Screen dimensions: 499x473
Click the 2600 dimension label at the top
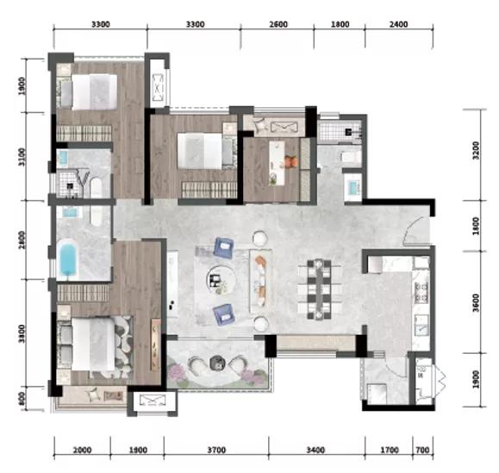click(x=278, y=24)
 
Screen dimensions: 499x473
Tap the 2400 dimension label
click(x=398, y=24)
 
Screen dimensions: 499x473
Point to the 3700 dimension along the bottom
click(x=216, y=450)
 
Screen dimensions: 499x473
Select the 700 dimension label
click(x=422, y=450)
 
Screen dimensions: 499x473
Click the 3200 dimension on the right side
click(x=476, y=151)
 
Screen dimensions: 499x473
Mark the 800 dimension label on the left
click(x=22, y=399)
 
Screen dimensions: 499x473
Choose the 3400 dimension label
click(x=315, y=450)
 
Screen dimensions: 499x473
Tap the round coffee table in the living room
click(x=221, y=281)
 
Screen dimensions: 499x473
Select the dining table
click(x=319, y=289)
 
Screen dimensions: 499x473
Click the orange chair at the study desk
click(x=291, y=161)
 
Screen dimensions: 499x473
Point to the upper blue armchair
click(x=224, y=248)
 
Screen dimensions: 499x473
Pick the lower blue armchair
click(x=224, y=314)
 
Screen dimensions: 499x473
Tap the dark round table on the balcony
click(x=218, y=363)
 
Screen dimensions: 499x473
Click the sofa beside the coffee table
click(x=261, y=281)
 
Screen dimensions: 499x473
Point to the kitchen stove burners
click(x=421, y=293)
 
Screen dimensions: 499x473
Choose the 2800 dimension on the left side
click(x=22, y=240)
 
